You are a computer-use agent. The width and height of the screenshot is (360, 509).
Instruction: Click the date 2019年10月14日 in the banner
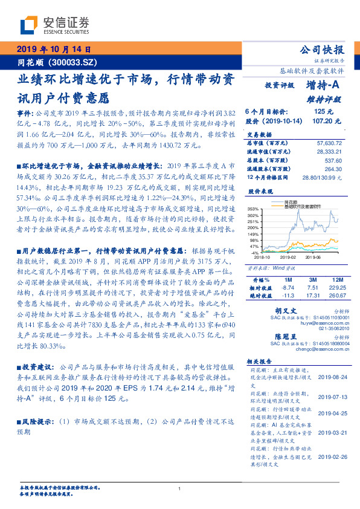53,50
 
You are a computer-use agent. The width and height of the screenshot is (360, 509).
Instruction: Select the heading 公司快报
323,50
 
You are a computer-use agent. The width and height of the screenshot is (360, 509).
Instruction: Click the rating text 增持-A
324,85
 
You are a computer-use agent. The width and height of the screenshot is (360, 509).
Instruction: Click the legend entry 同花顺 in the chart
291,202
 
